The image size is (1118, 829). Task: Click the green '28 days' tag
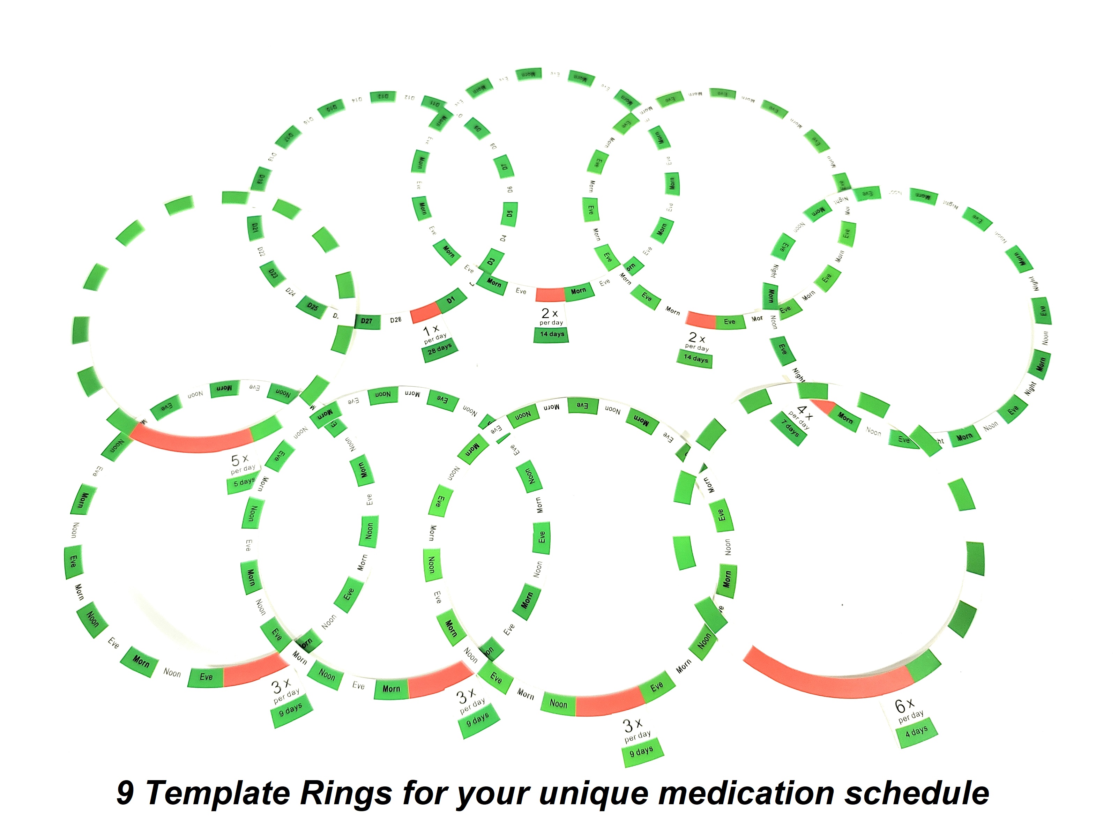coord(440,350)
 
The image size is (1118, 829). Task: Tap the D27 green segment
coord(367,321)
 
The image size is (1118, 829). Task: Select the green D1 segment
coord(450,300)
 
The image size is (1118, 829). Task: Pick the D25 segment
coord(312,307)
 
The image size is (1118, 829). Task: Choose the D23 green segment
coord(273,274)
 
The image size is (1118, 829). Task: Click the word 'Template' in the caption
coord(218,793)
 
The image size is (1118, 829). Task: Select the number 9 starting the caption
coord(126,793)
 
